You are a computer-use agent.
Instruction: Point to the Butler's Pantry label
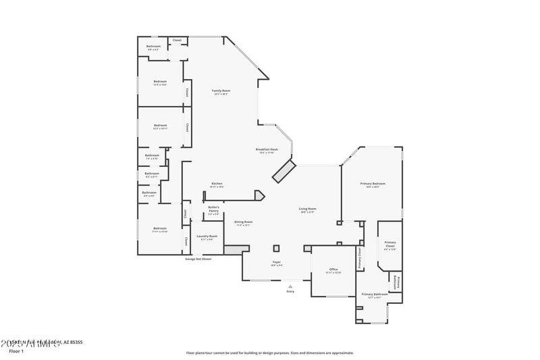tap(213, 210)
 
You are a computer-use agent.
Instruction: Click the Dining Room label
tap(243, 223)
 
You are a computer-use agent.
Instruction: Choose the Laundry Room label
tap(207, 237)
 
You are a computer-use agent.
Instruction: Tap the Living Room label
tap(308, 210)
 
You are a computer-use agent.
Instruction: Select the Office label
tap(333, 270)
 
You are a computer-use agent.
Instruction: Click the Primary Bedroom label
tap(373, 184)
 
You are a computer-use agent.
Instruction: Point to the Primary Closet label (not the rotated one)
tap(390, 245)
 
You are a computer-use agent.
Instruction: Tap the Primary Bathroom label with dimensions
tap(374, 295)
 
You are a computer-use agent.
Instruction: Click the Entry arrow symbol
tap(290, 286)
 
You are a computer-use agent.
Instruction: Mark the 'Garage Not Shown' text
tap(198, 259)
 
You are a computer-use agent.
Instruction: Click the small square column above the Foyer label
tap(276, 247)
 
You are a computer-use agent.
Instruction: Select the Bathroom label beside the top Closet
tap(153, 47)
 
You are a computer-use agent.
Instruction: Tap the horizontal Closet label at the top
tap(177, 40)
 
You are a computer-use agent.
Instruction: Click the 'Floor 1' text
tap(16, 351)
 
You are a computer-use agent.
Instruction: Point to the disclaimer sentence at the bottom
tap(269, 353)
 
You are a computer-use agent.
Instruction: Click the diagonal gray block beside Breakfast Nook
tap(283, 171)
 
